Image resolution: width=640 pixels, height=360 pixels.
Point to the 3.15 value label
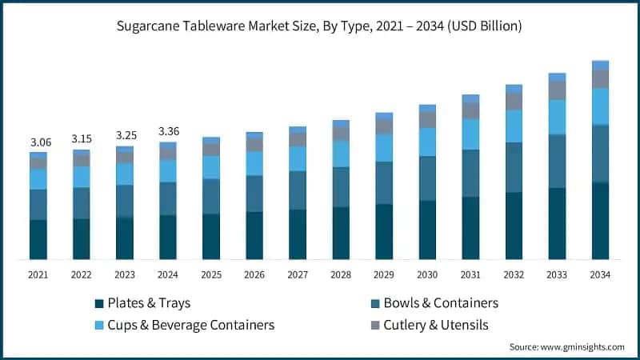tap(82, 139)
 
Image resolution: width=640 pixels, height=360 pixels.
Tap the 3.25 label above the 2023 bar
tap(125, 136)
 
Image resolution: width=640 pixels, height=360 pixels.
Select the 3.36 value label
tap(168, 131)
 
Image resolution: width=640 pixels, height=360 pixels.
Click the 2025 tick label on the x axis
tap(211, 274)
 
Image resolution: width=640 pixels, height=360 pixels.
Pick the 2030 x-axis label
tap(427, 274)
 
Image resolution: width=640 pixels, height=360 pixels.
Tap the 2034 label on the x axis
tap(600, 274)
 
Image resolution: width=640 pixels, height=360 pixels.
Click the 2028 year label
tap(341, 274)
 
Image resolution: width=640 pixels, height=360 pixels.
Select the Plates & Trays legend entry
tap(142, 303)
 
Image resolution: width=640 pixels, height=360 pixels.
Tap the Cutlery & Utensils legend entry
tap(437, 325)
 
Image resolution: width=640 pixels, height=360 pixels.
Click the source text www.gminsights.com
tap(566, 346)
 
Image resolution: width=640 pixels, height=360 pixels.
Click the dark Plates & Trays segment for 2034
tap(600, 221)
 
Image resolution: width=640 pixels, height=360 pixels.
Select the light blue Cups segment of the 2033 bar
tap(557, 117)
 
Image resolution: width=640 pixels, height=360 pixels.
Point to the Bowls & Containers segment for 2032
tap(514, 167)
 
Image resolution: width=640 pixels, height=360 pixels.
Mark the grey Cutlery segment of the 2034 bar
tap(600, 78)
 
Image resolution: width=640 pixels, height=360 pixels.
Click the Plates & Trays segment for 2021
tap(38, 239)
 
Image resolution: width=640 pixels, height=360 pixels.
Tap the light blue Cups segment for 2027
tap(298, 158)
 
